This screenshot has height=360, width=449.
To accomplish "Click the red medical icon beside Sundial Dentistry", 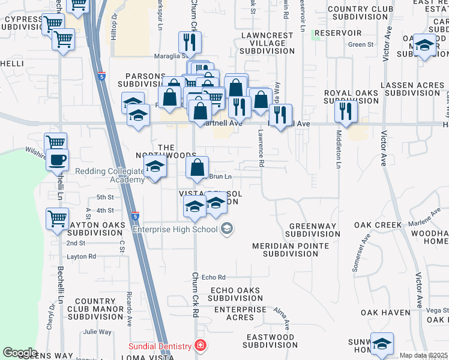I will (x=200, y=346).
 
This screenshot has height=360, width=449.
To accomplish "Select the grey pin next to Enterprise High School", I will (x=227, y=229).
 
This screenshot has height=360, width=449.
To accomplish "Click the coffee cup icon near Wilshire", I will (x=58, y=160).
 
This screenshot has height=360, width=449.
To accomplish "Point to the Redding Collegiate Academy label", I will (x=109, y=175).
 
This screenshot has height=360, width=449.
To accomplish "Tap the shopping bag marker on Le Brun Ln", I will (x=197, y=169).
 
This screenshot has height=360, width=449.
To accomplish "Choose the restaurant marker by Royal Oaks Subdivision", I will (x=346, y=110).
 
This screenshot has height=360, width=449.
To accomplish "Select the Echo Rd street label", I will (x=213, y=277).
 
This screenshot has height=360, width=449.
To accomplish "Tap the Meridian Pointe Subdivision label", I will (x=291, y=250).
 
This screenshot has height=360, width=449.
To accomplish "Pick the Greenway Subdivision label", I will (x=311, y=230).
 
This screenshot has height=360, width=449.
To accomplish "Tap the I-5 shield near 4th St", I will (x=134, y=215).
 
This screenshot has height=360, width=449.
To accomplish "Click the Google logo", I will (x=20, y=353).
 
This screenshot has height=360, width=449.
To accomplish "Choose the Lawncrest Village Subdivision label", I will (x=267, y=44).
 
